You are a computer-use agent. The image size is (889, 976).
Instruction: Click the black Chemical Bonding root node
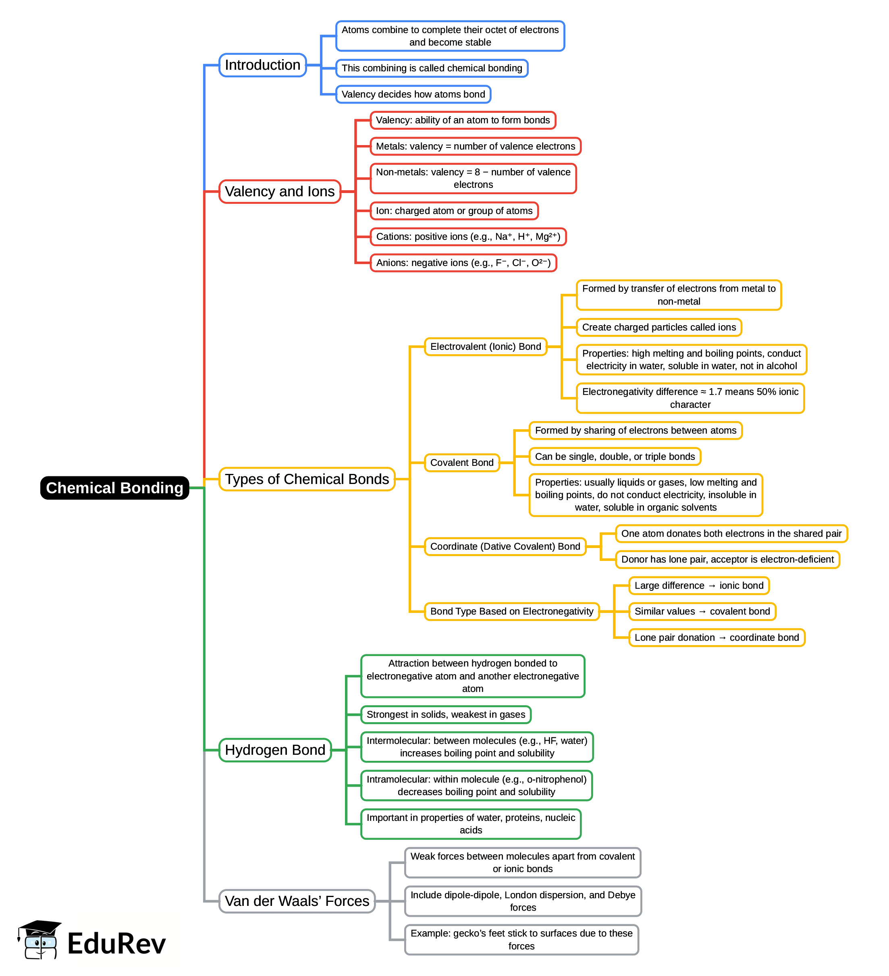coord(114,488)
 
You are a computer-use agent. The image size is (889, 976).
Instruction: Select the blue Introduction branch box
coord(262,65)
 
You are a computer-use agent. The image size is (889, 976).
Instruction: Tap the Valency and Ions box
coord(279,191)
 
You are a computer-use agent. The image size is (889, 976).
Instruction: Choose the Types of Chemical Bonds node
coord(307,479)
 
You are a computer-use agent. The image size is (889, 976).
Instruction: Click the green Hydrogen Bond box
coord(274,750)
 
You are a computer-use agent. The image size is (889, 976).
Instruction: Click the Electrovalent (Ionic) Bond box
coord(485,347)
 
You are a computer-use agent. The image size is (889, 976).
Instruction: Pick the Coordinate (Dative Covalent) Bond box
coord(505,546)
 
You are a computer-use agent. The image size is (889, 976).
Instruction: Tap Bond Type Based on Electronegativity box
coord(511,611)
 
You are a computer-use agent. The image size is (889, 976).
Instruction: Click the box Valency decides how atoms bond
coord(413,94)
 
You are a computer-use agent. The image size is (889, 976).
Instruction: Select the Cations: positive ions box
coord(468,236)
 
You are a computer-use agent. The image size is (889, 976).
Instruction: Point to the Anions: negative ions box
coord(463,262)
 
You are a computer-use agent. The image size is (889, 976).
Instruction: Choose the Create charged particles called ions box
coord(658,327)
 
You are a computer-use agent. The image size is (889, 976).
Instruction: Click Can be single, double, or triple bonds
coord(615,456)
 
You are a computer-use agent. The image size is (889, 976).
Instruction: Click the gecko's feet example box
coord(521,939)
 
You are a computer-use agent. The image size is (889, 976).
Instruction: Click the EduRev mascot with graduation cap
coord(39,940)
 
